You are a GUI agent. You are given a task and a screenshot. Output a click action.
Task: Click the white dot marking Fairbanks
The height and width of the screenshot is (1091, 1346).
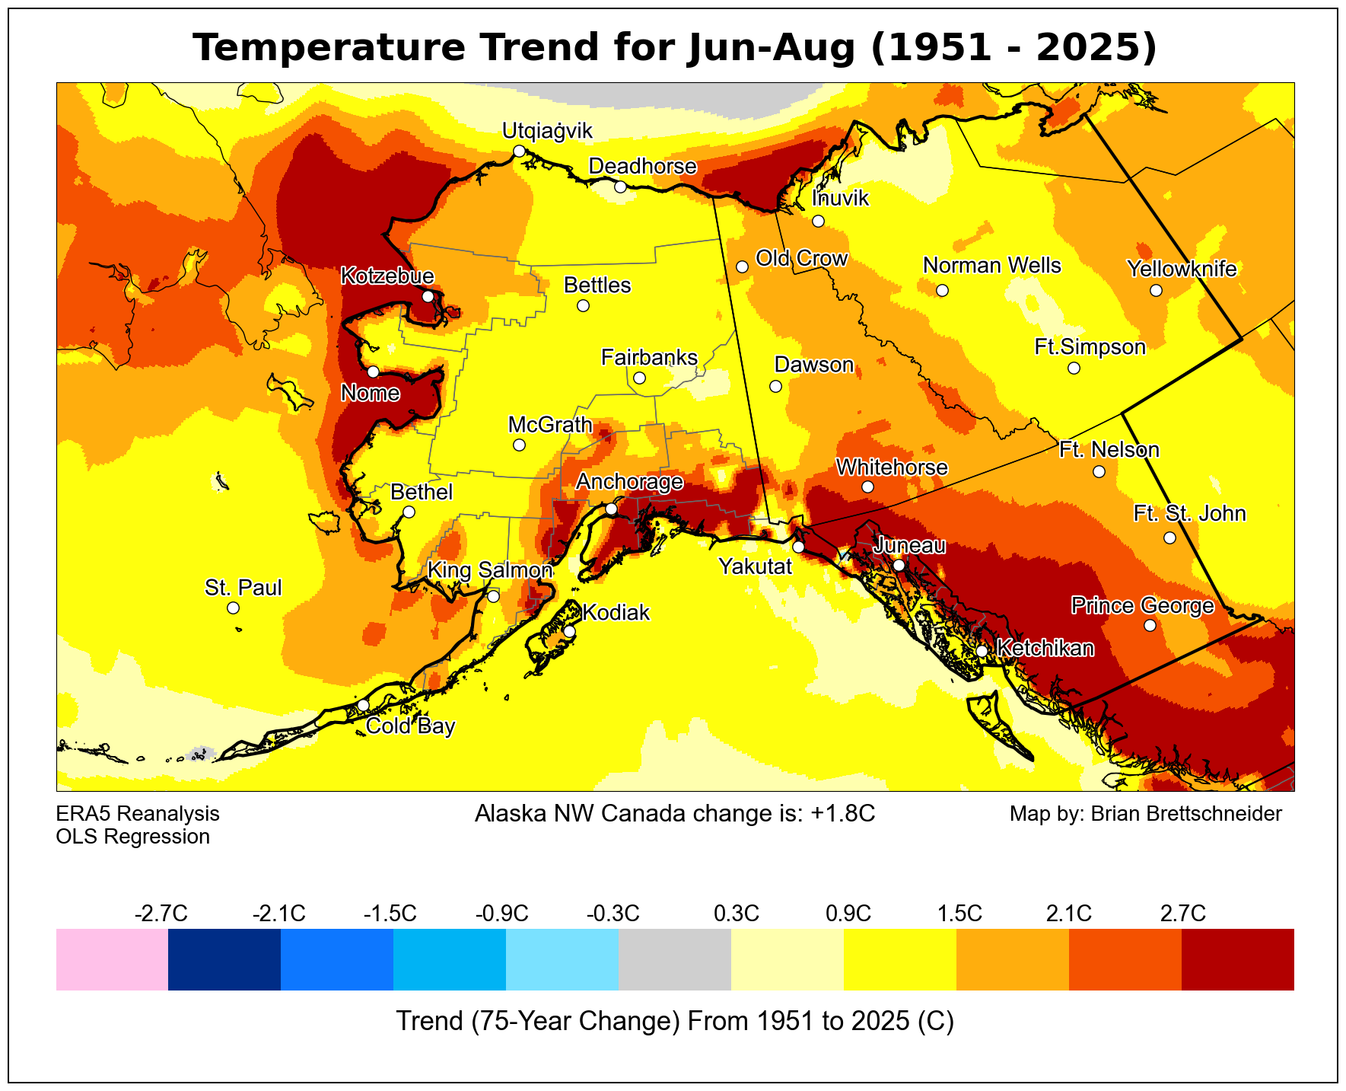[x=639, y=378]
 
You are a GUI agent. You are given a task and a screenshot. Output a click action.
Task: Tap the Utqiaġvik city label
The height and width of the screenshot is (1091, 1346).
[x=547, y=131]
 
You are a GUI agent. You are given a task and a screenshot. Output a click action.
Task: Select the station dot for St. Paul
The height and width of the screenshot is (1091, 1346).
[x=233, y=608]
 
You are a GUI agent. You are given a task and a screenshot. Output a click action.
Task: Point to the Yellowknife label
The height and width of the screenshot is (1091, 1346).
[x=1182, y=269]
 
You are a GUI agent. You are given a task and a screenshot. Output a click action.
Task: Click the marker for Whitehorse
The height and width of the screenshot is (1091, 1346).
[x=868, y=486]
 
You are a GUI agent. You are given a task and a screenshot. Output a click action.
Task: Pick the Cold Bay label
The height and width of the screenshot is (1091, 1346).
[x=410, y=726]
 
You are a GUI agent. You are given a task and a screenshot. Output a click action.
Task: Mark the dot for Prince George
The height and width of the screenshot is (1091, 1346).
[x=1150, y=625]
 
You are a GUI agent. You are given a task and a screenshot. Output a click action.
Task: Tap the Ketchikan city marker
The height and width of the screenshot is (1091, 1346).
[x=982, y=651]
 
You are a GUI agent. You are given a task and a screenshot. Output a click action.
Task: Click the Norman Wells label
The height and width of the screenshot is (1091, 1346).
[x=991, y=266]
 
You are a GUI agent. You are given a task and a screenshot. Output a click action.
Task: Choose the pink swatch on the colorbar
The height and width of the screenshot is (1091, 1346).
[x=112, y=959]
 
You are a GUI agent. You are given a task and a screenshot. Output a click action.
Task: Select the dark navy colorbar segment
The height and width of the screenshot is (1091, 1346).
[x=224, y=959]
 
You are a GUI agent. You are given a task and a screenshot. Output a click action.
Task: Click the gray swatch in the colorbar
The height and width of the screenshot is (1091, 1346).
[x=675, y=959]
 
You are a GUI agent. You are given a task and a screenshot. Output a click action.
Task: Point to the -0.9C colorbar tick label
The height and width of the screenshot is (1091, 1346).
[x=501, y=913]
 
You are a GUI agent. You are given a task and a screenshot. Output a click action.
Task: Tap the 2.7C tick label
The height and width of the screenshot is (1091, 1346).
[x=1182, y=913]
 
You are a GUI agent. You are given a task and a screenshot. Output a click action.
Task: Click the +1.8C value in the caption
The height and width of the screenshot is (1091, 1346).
[x=843, y=814]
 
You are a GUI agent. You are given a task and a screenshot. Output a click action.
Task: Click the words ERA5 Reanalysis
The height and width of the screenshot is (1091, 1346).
[x=138, y=814]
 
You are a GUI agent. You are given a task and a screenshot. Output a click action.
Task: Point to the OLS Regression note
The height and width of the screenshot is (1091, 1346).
[x=132, y=837]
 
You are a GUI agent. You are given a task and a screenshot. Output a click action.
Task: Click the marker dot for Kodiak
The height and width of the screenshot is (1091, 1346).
[x=569, y=631]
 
